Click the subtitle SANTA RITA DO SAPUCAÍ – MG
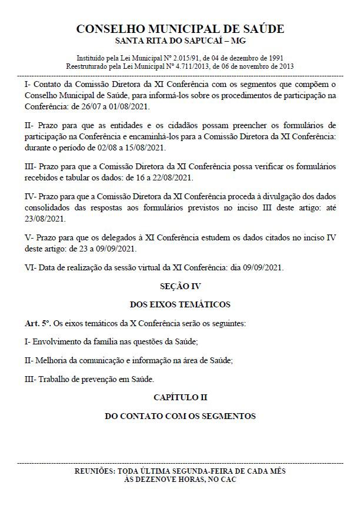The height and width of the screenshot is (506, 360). click(180, 41)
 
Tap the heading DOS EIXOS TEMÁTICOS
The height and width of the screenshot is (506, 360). click(180, 304)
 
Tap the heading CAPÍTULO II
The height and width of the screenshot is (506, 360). click(180, 397)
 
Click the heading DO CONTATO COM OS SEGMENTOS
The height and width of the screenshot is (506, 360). click(180, 416)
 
